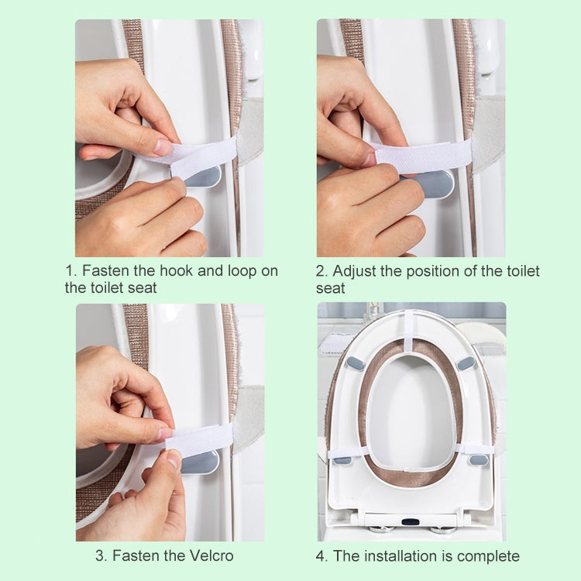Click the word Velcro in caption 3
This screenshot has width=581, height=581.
(x=208, y=555)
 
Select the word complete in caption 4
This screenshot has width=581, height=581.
(x=488, y=555)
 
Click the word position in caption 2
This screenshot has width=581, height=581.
(x=436, y=271)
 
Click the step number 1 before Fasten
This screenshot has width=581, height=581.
(x=69, y=271)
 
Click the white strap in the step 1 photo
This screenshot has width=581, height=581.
(x=200, y=156)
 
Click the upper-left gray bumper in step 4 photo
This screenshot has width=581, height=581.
(x=356, y=363)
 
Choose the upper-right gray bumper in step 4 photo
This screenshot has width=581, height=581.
(x=466, y=363)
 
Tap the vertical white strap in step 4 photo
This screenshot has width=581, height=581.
(x=409, y=332)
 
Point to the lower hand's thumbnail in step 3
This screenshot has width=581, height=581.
(x=175, y=459)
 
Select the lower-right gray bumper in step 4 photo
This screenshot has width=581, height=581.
(x=479, y=460)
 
